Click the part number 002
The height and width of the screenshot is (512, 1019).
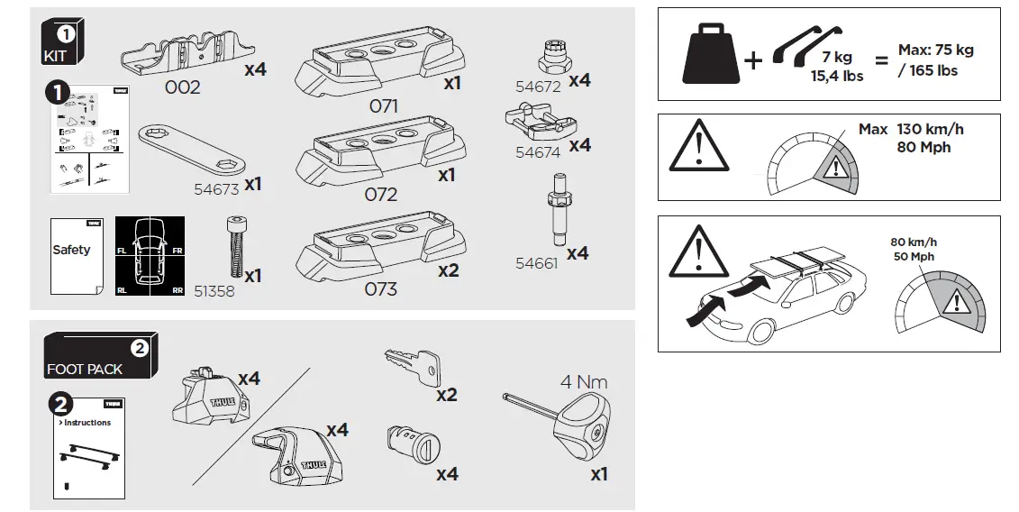182,87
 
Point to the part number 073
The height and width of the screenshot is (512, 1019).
380,289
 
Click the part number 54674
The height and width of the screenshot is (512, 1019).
537,152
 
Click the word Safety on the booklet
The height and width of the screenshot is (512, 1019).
71,250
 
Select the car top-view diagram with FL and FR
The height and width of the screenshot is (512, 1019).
150,256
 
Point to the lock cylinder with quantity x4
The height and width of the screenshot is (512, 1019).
413,444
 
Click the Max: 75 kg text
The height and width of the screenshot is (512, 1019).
935,50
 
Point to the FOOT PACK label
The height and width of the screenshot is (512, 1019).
85,369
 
